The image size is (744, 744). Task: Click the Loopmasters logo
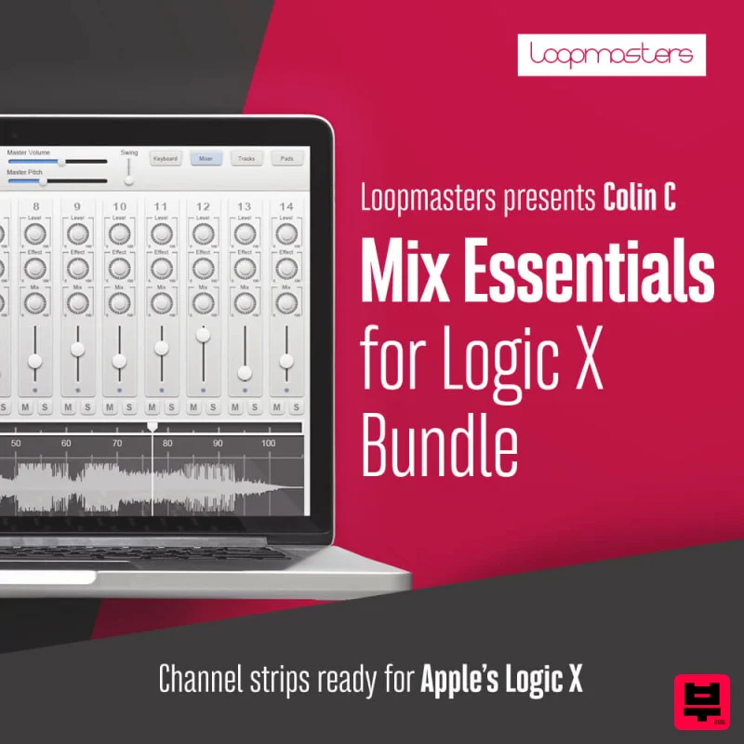pos(611,55)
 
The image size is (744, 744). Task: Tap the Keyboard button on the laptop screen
pos(165,159)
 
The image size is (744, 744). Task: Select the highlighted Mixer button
pos(206,159)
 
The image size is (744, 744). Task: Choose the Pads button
pos(287,159)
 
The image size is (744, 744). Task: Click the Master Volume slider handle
pos(62,162)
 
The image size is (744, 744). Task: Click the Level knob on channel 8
pos(35,233)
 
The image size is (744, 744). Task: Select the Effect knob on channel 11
pos(161,269)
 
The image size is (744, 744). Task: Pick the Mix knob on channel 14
pos(286,305)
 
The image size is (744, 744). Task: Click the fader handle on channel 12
pos(203,333)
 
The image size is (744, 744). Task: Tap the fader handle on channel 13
pos(245,372)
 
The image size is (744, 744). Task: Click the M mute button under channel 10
pos(110,407)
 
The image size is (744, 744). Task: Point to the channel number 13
pos(245,206)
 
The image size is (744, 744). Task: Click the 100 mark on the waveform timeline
pos(268,444)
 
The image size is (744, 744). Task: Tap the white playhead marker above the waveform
pos(153,426)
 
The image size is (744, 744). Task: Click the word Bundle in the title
pos(438,448)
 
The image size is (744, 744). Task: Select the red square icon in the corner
pos(701,701)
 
